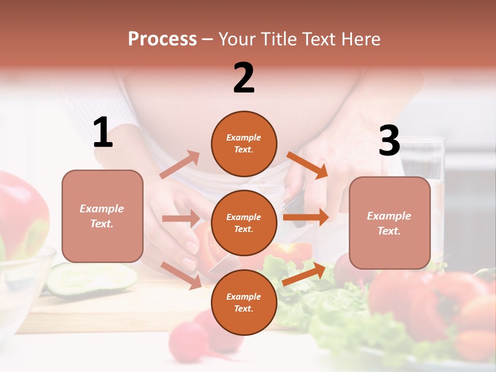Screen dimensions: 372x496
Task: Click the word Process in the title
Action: (162, 39)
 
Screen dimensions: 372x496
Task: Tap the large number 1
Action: (103, 133)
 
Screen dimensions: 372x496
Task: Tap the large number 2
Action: (244, 78)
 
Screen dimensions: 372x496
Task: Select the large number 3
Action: (389, 141)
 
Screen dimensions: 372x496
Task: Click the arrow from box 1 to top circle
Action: (179, 165)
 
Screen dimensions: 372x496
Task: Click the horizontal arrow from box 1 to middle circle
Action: (180, 218)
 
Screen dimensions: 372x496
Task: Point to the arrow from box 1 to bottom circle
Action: (181, 274)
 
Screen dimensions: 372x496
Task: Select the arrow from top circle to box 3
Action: (307, 165)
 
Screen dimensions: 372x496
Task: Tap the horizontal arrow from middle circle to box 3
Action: (306, 218)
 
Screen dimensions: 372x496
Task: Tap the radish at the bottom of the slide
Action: (189, 341)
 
